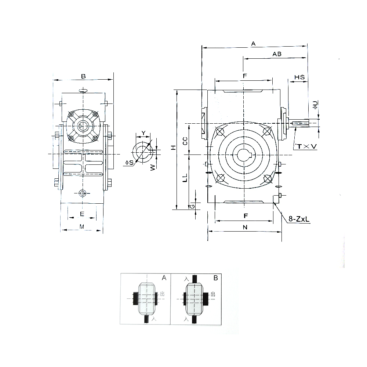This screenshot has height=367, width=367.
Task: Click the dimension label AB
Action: pos(277,54)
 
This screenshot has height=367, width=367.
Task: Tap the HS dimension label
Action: pos(299,77)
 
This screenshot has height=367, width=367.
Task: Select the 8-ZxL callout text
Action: pos(299,219)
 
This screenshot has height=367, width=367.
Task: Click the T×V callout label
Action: pos(306,146)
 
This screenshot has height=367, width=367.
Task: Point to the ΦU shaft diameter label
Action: pos(315,105)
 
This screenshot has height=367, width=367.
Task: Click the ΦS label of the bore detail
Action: pos(130,163)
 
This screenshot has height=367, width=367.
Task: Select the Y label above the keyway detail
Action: pos(143,133)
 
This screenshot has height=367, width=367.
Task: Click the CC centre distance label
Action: pos(185,141)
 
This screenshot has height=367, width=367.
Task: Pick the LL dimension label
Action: pos(185,178)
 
